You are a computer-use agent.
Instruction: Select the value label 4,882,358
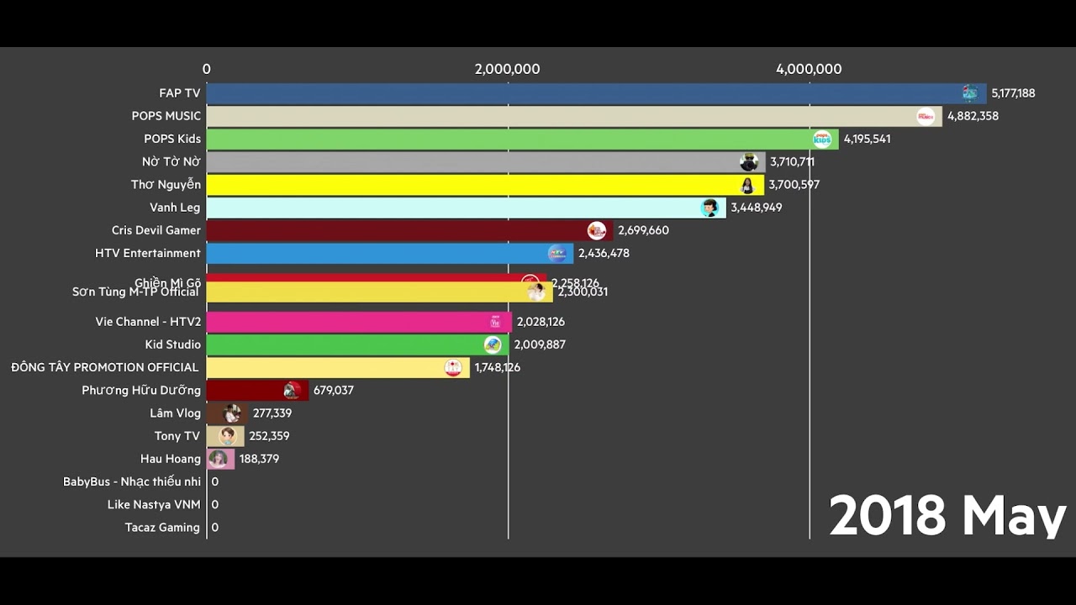pyautogui.click(x=973, y=116)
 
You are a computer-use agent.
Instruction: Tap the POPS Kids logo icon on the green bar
pyautogui.click(x=821, y=139)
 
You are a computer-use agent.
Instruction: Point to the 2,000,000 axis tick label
pyautogui.click(x=507, y=70)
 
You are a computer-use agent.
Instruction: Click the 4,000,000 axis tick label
pyautogui.click(x=809, y=70)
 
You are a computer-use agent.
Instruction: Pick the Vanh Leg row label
pyautogui.click(x=175, y=208)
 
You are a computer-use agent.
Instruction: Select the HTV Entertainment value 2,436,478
pyautogui.click(x=604, y=253)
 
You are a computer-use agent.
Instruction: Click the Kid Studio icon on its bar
pyautogui.click(x=493, y=345)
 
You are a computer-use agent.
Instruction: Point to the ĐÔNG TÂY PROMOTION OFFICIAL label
pyautogui.click(x=105, y=367)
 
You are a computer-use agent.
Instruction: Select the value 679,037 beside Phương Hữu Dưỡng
pyautogui.click(x=333, y=391)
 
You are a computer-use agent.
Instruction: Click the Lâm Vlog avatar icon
pyautogui.click(x=233, y=413)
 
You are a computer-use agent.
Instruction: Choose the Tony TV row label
pyautogui.click(x=177, y=436)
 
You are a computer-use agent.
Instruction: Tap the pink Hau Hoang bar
pyautogui.click(x=220, y=459)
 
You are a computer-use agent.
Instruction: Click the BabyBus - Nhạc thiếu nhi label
pyautogui.click(x=132, y=481)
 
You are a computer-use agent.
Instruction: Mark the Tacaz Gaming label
pyautogui.click(x=162, y=528)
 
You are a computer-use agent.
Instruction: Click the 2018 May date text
pyautogui.click(x=947, y=515)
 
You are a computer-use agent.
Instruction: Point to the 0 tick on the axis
pyautogui.click(x=207, y=70)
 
